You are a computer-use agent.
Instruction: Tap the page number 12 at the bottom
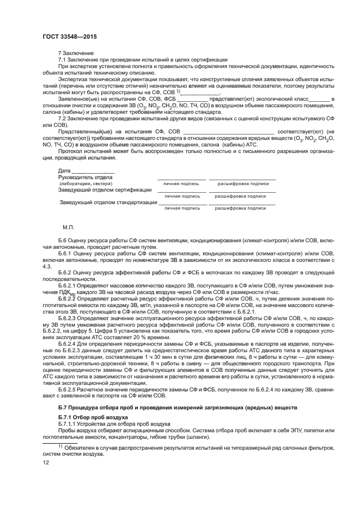point(46,463)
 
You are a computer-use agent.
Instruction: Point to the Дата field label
point(65,171)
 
